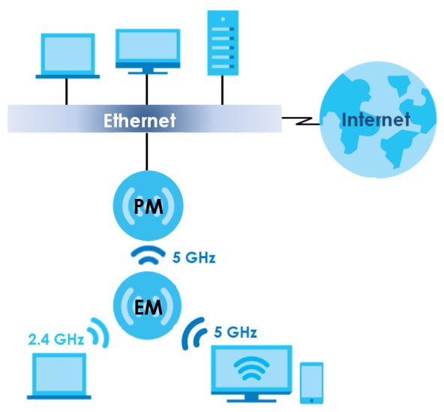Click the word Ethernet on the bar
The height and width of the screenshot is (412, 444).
[139, 121]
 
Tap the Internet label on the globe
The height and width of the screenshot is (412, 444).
[376, 119]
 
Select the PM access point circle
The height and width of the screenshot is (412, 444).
[148, 206]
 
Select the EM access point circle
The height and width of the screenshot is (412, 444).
[147, 305]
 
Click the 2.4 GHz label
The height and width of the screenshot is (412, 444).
[56, 339]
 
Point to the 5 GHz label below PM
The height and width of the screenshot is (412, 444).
[194, 257]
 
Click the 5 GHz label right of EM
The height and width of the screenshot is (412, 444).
[235, 332]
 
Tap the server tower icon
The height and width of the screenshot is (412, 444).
[223, 43]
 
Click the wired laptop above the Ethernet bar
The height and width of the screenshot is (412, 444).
[67, 56]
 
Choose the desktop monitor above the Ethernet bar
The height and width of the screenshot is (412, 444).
[148, 52]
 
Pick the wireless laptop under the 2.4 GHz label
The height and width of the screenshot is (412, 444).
[59, 376]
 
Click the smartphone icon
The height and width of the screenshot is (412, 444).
[311, 383]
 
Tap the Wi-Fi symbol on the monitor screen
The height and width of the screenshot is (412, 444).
[251, 368]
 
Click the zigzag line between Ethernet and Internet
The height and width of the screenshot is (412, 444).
[301, 121]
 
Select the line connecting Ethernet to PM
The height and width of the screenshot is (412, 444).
[147, 152]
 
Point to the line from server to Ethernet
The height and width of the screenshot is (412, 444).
[222, 90]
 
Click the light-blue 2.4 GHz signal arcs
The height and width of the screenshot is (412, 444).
[99, 332]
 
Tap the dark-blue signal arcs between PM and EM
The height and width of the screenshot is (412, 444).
[148, 255]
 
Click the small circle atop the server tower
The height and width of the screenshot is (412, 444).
[223, 20]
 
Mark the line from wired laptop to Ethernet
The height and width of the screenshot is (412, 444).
[67, 92]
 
